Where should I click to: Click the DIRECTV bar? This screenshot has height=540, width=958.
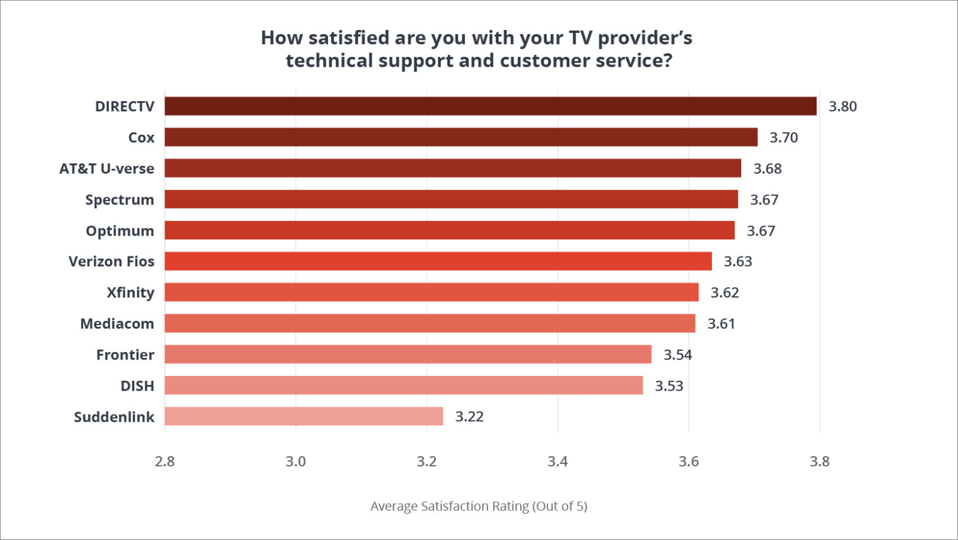coord(490,106)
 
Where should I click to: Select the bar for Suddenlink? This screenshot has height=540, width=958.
coord(304,416)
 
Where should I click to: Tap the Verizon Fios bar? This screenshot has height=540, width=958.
coord(438,261)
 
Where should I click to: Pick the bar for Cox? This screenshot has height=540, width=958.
coord(461,137)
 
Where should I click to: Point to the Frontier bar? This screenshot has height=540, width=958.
coord(408,354)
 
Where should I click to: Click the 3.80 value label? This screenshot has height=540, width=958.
coord(842,107)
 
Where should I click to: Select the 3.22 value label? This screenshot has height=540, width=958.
coord(469,417)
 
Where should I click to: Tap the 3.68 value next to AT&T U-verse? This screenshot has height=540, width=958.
coord(767,169)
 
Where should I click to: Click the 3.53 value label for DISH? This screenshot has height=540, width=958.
coord(668,386)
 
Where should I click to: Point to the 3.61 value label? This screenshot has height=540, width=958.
coord(721,324)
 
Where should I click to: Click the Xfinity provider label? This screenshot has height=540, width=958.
coord(130,293)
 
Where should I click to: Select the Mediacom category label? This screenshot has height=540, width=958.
coord(117,324)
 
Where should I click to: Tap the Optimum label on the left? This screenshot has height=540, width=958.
coord(119,231)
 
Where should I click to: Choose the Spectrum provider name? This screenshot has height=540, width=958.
coord(119,200)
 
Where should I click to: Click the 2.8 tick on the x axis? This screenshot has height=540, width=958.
coord(165,462)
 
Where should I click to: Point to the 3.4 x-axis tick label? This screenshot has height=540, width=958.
coord(558,462)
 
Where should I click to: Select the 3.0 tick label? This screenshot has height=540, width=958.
coord(296,462)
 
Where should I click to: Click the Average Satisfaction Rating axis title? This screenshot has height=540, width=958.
coord(479,506)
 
